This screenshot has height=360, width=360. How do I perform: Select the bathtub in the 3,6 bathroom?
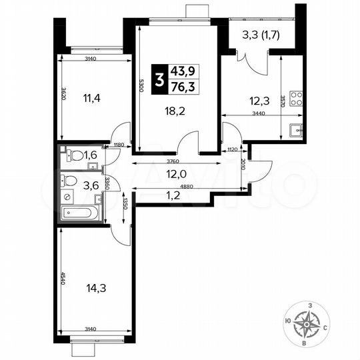79,213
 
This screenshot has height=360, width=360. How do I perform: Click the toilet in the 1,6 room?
76,157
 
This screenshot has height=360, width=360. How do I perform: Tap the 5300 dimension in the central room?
141,86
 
